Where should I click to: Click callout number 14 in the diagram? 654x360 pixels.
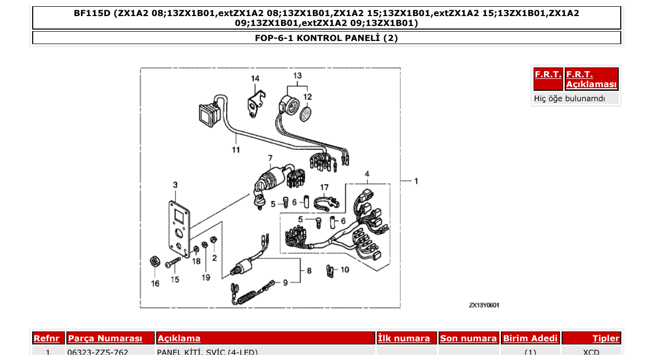click(x=255, y=78)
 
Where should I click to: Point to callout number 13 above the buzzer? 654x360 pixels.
click(x=297, y=76)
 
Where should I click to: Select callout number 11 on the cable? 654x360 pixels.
click(x=236, y=150)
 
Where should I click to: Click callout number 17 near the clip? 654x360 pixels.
click(x=324, y=187)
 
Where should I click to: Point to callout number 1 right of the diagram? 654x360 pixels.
click(x=416, y=181)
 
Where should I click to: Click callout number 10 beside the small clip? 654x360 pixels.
click(x=345, y=270)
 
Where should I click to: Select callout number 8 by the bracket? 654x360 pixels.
click(x=309, y=271)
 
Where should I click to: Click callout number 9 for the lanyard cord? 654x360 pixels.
click(x=285, y=283)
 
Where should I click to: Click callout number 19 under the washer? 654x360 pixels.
click(x=206, y=278)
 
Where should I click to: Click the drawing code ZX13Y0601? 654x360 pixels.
click(x=484, y=305)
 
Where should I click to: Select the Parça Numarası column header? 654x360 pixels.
click(x=105, y=339)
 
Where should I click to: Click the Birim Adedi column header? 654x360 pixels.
click(x=530, y=339)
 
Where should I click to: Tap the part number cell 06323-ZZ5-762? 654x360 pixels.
click(x=98, y=353)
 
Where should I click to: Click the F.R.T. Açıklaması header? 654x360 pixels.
click(x=591, y=79)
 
